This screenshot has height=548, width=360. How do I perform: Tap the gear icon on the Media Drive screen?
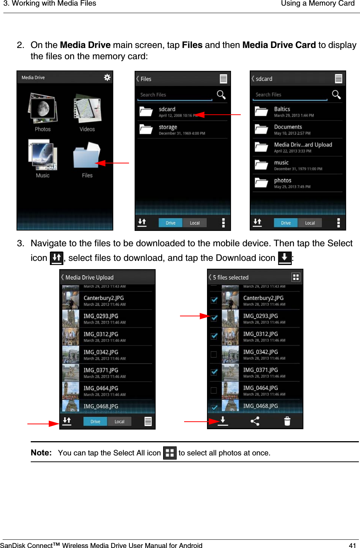pyautogui.click(x=107, y=77)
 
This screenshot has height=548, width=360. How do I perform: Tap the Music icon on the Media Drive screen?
pyautogui.click(x=42, y=155)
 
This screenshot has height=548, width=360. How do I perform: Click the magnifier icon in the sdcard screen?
pyautogui.click(x=336, y=94)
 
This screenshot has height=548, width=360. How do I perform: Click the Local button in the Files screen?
pyautogui.click(x=195, y=223)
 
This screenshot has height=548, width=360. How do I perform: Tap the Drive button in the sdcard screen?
pyautogui.click(x=286, y=223)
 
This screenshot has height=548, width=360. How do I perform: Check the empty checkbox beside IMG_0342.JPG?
pyautogui.click(x=214, y=354)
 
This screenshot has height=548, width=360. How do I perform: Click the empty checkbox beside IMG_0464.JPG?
pyautogui.click(x=214, y=390)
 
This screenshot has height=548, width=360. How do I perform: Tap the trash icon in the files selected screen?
pyautogui.click(x=287, y=421)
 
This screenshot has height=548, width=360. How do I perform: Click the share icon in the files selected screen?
pyautogui.click(x=255, y=421)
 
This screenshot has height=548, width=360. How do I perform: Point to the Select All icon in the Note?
pyautogui.click(x=169, y=453)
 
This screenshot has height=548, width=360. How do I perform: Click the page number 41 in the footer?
pyautogui.click(x=352, y=545)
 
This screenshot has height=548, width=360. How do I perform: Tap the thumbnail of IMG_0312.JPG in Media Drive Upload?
pyautogui.click(x=70, y=337)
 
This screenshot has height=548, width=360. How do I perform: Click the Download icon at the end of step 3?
pyautogui.click(x=285, y=258)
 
